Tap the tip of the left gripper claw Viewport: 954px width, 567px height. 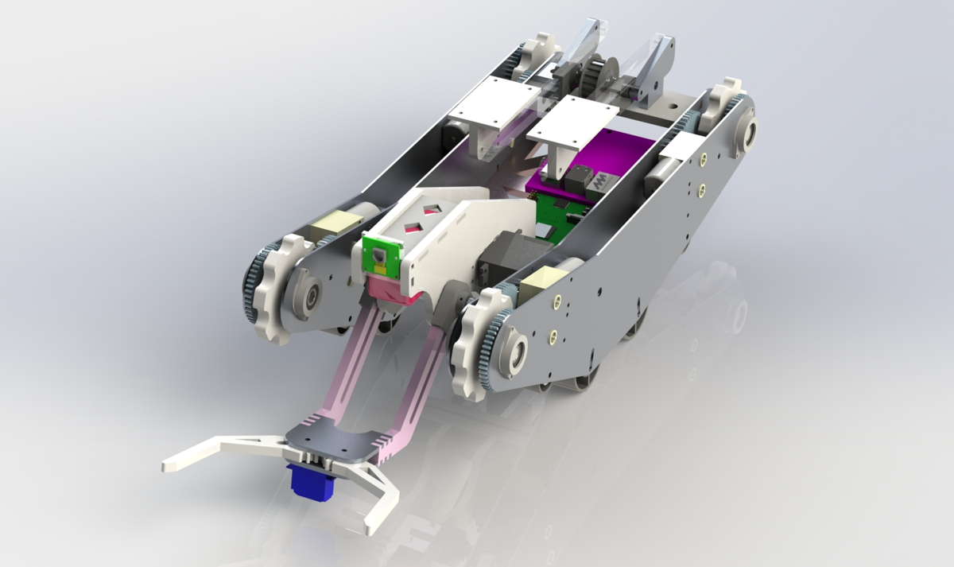tap(169, 464)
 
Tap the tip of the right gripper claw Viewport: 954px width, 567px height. tap(373, 526)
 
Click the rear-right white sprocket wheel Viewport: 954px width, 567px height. tap(724, 99)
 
